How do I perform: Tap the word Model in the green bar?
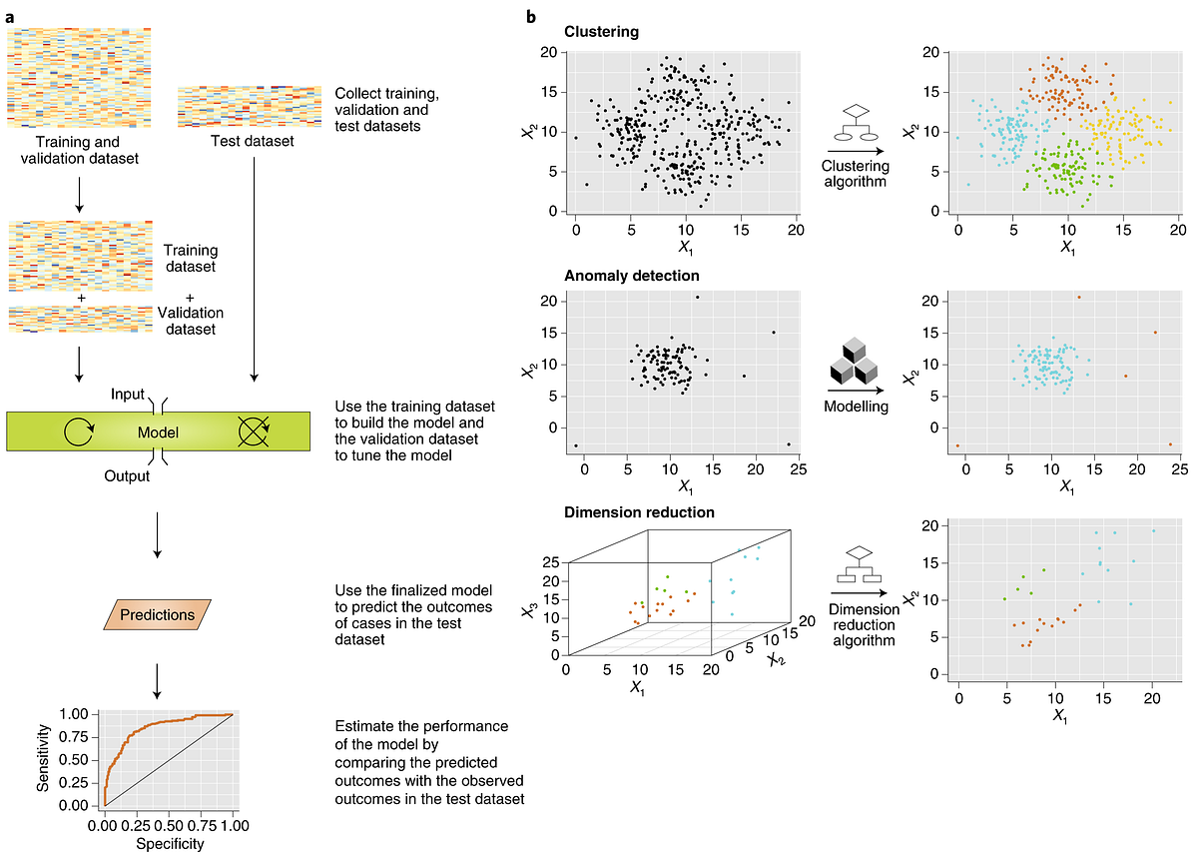159,432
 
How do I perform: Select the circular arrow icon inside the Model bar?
77,432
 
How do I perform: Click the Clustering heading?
601,30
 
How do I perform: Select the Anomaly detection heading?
630,275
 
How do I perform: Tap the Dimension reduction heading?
640,512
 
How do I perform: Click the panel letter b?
532,17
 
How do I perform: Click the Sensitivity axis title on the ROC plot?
42,761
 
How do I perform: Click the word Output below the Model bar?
127,476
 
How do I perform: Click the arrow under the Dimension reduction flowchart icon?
859,593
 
